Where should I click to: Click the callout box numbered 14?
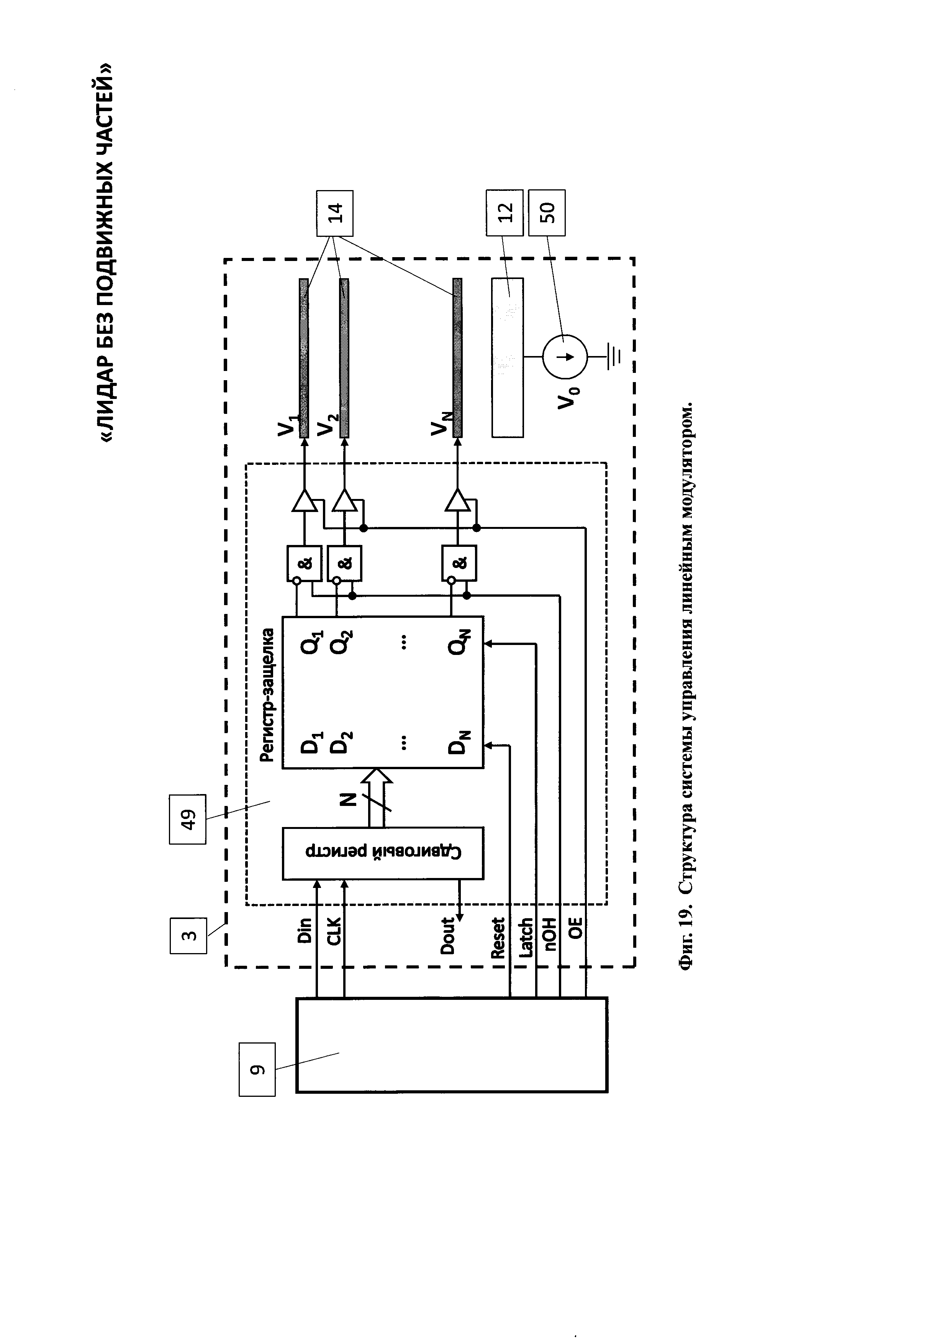(334, 213)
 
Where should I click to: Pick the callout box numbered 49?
(188, 819)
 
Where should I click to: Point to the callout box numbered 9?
(257, 1070)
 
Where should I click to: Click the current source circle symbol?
(564, 356)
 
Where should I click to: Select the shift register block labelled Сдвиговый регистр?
(383, 853)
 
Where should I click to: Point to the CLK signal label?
(333, 931)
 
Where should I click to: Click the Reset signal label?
(498, 938)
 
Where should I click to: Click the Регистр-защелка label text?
(267, 695)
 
